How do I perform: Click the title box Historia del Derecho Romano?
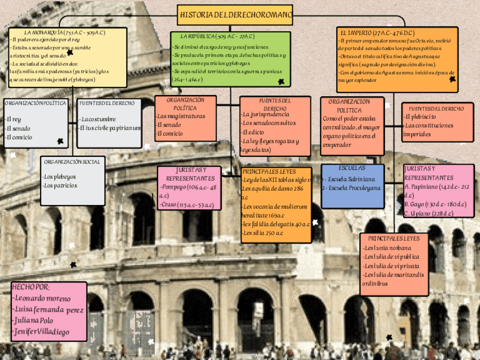[235, 14]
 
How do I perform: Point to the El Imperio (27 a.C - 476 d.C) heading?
[378, 32]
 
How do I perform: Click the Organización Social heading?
[72, 162]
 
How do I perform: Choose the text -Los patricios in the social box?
[60, 185]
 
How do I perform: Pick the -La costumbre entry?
[98, 119]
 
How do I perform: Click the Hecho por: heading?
[31, 287]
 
